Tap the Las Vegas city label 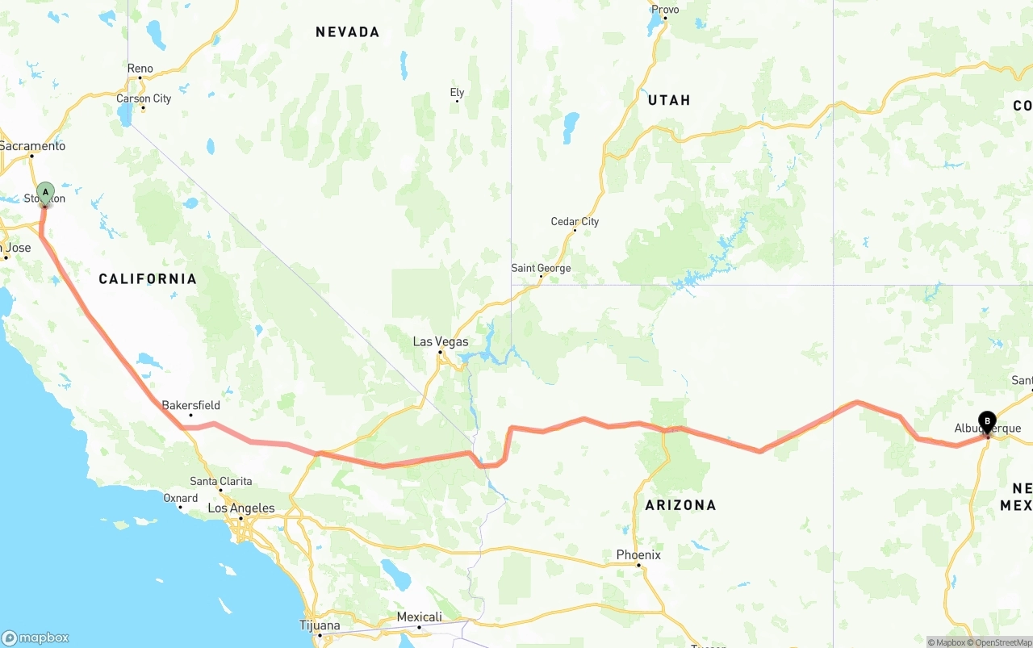coord(441,341)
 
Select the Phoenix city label coord(638,554)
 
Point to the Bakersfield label coord(190,405)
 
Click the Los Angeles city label coord(241,508)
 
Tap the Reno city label coord(140,69)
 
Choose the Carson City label coord(144,98)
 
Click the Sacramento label coord(32,146)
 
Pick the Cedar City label coord(575,221)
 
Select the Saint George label coord(541,268)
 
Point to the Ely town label coord(457,93)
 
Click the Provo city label coord(665,10)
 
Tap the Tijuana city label coord(320,625)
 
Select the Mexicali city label coord(419,617)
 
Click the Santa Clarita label coord(220,481)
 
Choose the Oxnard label coord(181,498)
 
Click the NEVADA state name coord(347,32)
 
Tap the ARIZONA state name coord(680,505)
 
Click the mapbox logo coord(36,638)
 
